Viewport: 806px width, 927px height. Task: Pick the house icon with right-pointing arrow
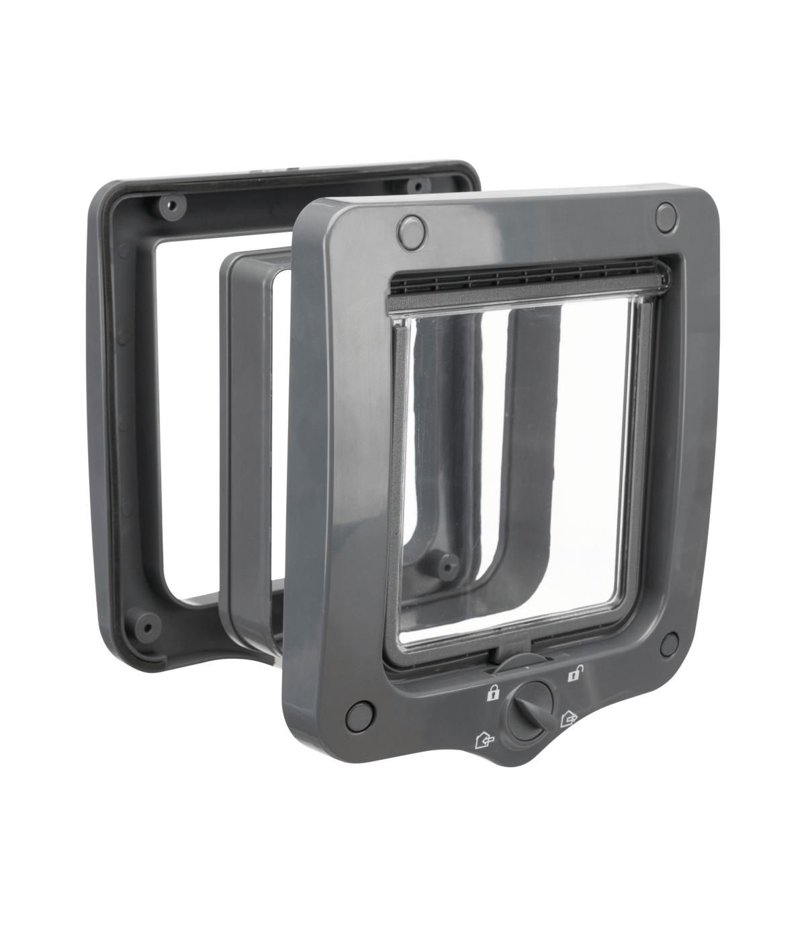pyautogui.click(x=568, y=719)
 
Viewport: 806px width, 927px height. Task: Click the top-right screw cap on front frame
pyautogui.click(x=666, y=215)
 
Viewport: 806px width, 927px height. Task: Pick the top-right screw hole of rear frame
pyautogui.click(x=418, y=185)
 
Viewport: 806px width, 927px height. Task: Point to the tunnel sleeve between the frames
pyautogui.click(x=252, y=437)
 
